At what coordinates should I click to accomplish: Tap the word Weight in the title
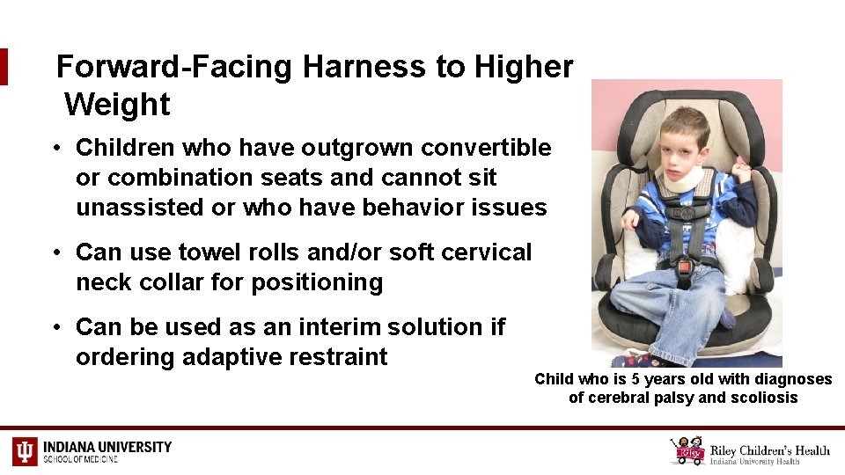coord(117,105)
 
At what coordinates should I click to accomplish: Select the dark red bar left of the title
coord(4,67)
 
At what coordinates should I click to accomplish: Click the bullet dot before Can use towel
coord(55,253)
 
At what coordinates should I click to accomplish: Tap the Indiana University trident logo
coord(25,451)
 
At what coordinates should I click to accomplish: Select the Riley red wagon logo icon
coord(687,450)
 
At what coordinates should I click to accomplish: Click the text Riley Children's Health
coord(771,450)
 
